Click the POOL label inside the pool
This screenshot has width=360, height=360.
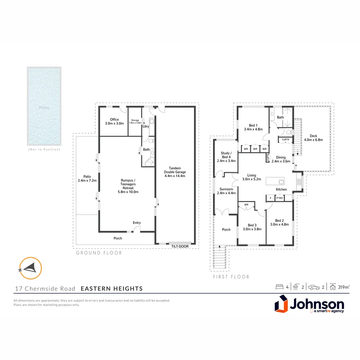tap(44, 108)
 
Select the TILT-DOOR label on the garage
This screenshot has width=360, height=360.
tap(180, 246)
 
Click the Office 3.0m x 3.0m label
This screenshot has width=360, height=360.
tap(114, 121)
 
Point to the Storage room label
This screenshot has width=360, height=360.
tap(135, 121)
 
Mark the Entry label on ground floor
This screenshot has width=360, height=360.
tap(137, 223)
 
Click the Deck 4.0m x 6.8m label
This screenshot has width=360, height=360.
tap(313, 138)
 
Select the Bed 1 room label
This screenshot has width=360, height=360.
tap(253, 127)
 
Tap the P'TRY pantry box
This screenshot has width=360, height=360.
tap(280, 198)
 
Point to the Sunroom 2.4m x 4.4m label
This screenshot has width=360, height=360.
tap(226, 191)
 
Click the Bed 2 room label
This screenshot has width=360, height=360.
tap(279, 222)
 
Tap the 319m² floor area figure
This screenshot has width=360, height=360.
tap(343, 287)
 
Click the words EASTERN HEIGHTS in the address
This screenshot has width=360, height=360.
tap(112, 289)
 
